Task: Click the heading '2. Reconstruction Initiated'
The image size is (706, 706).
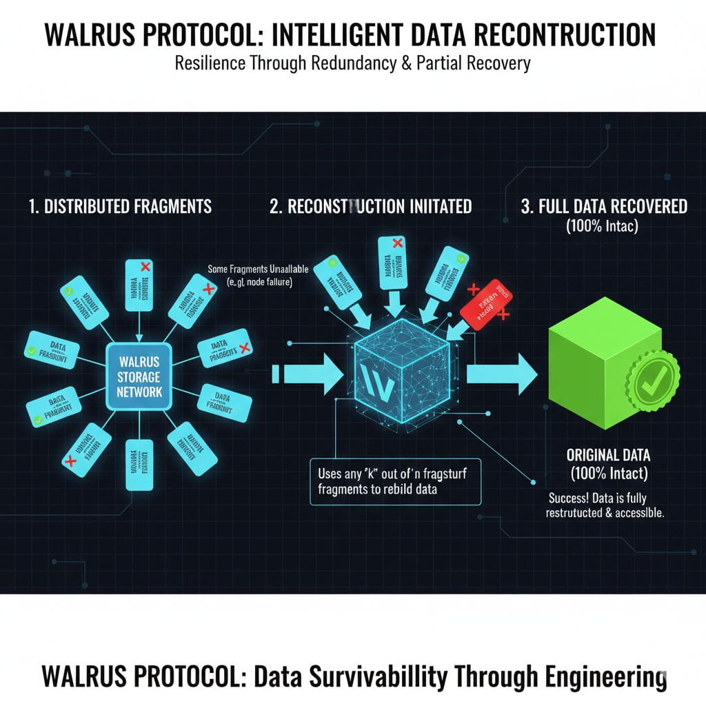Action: tap(371, 207)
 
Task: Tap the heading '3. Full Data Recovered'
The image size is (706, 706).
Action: tap(603, 206)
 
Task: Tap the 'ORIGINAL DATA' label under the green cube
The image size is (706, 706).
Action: tap(607, 456)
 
